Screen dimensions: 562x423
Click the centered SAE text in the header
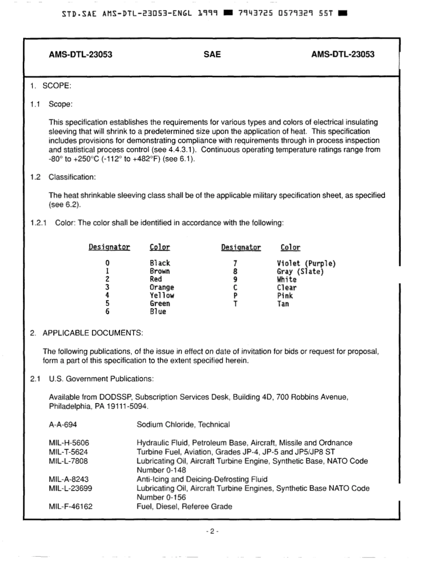coord(212,55)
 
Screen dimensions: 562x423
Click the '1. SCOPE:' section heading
coord(51,86)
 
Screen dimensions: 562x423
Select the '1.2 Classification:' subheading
coord(63,177)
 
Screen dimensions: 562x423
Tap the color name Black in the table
coord(160,263)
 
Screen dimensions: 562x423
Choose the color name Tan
coord(283,304)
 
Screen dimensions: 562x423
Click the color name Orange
coord(162,288)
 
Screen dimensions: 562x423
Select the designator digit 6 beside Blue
coord(107,312)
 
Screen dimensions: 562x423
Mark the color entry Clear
coord(287,288)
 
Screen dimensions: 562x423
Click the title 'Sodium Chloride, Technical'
coord(183,425)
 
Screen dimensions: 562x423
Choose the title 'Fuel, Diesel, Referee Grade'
coord(184,506)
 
